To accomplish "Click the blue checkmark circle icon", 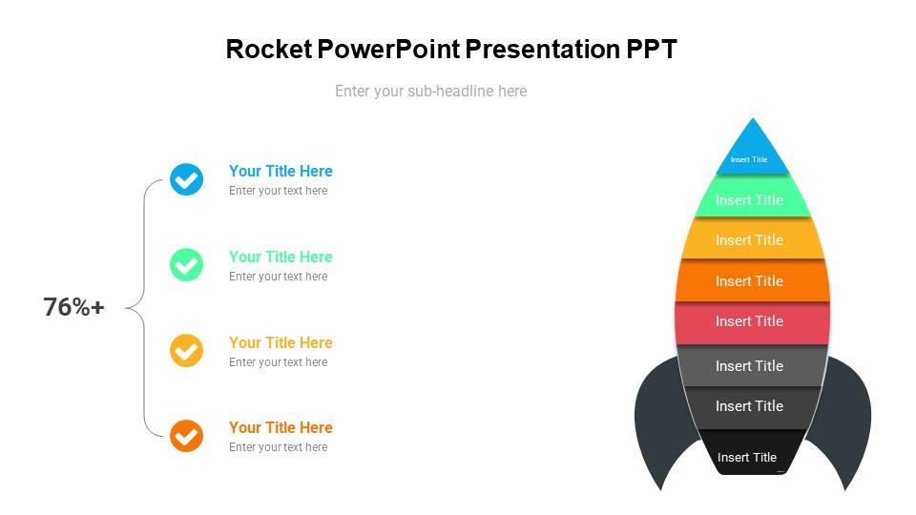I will click(186, 178).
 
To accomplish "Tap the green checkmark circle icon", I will click(186, 264).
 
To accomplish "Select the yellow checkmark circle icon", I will click(186, 350).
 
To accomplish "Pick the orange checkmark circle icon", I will click(186, 436).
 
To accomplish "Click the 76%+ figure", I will click(73, 307).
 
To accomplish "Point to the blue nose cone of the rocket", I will click(753, 150).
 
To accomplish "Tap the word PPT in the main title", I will click(651, 50).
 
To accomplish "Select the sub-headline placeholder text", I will click(430, 92).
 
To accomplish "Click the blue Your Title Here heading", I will click(281, 171).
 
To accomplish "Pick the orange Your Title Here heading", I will click(281, 427).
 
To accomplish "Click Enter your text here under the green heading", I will click(278, 277).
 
